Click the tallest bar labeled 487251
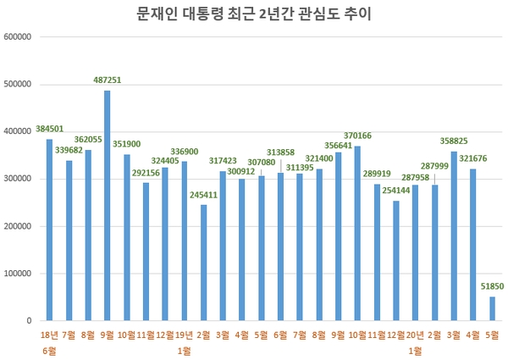107,206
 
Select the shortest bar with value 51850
492,308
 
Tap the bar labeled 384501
49,230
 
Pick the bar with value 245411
204,263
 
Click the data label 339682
69,149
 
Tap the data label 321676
473,158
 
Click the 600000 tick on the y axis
19,37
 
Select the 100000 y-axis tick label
19,274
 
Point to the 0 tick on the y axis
29,321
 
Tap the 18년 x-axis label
49,336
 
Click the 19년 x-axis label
183,336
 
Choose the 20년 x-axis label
414,336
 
